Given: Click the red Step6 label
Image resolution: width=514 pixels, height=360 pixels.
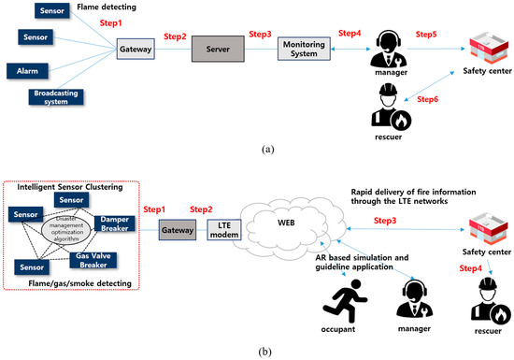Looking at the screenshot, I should click(x=427, y=98).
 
